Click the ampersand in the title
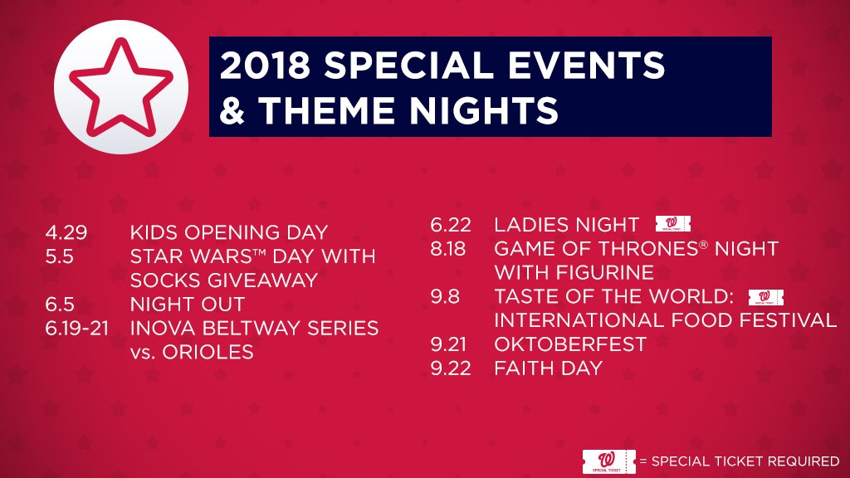tap(233, 110)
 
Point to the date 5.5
tap(60, 256)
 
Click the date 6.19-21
tap(81, 329)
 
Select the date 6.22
tap(451, 225)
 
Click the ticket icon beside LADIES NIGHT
tap(672, 223)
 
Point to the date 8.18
tap(451, 249)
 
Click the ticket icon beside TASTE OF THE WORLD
tap(765, 296)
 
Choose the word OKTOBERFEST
tap(570, 344)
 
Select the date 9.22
tap(451, 368)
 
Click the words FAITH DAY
tap(548, 368)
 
